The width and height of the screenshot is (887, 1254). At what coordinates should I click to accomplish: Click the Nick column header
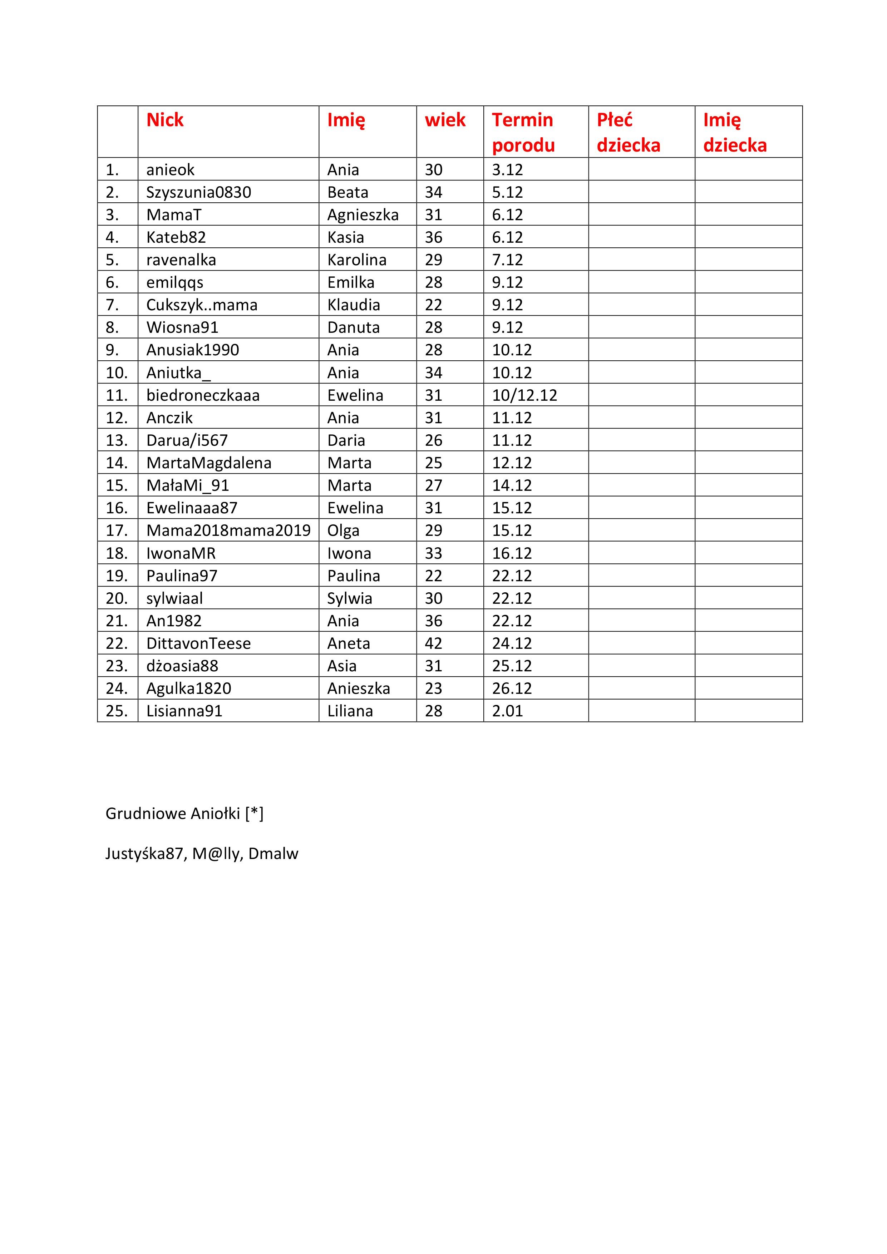[165, 120]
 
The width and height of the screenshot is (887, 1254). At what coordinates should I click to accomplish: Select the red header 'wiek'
[445, 120]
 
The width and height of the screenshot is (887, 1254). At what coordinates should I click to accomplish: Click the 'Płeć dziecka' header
[628, 132]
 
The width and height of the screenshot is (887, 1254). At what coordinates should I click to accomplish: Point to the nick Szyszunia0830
[199, 192]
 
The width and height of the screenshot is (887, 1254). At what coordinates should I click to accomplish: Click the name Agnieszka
[363, 214]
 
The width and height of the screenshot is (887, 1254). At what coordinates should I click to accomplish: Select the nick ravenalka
[181, 260]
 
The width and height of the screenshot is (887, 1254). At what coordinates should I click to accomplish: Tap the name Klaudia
[353, 305]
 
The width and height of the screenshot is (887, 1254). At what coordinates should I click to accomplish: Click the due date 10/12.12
[524, 395]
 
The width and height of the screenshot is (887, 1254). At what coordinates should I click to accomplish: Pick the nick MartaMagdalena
[209, 463]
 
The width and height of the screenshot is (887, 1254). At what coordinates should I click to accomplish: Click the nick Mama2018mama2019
[228, 530]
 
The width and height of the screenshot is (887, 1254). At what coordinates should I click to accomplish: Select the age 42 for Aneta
[434, 643]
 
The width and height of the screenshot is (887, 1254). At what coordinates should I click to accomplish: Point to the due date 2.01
[507, 711]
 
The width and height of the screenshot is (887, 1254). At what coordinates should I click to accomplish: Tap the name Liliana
[350, 711]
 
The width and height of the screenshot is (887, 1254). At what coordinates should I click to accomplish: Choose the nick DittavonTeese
[198, 643]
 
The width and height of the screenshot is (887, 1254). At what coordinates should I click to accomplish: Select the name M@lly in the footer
[216, 854]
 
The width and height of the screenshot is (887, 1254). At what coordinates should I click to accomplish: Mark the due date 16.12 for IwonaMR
[512, 553]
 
